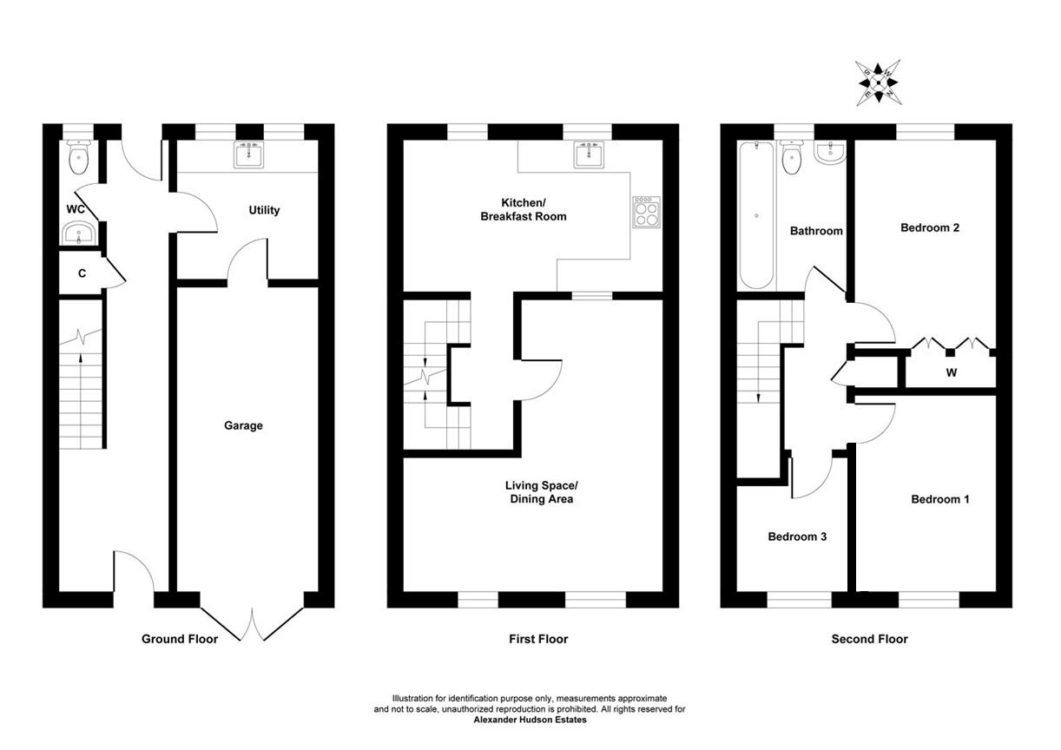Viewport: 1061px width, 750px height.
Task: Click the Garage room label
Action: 243,425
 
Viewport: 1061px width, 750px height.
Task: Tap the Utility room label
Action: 264,210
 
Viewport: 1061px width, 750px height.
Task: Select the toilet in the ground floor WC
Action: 79,155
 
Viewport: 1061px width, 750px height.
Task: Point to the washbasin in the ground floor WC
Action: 79,233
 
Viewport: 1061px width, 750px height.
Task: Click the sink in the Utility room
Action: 248,155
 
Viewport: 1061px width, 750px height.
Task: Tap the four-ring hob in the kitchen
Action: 646,213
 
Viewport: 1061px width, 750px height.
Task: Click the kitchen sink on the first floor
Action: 594,155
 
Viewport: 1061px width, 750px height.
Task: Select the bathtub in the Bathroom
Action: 756,216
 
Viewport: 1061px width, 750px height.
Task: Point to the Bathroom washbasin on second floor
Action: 831,155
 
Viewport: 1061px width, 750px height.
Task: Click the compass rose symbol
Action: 879,83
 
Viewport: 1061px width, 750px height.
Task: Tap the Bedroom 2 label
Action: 930,228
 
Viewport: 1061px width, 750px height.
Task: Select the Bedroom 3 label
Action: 797,536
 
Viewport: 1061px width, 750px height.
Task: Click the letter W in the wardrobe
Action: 952,372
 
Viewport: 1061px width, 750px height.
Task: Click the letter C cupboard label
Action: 82,273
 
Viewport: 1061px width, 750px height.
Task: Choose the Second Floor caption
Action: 869,639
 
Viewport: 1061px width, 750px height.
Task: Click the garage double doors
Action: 252,623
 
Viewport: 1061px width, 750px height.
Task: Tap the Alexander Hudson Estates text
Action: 530,720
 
